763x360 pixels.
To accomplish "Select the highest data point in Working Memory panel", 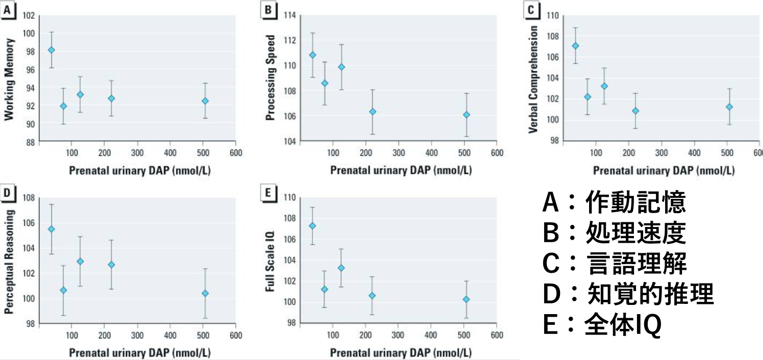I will point(51,50).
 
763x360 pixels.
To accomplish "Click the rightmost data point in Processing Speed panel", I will point(466,115).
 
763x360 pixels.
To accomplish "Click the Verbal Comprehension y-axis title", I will point(533,79).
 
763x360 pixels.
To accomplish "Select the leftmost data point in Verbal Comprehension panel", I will point(575,46).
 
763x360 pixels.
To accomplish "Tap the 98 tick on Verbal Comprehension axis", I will point(552,141).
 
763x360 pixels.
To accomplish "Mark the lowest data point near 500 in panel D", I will point(205,293).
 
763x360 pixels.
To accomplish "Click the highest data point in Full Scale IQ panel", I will point(313,226).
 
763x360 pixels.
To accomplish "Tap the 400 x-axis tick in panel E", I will point(431,335).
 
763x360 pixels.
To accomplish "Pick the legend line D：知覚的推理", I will point(627,294).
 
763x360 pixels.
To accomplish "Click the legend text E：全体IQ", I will point(602,325).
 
